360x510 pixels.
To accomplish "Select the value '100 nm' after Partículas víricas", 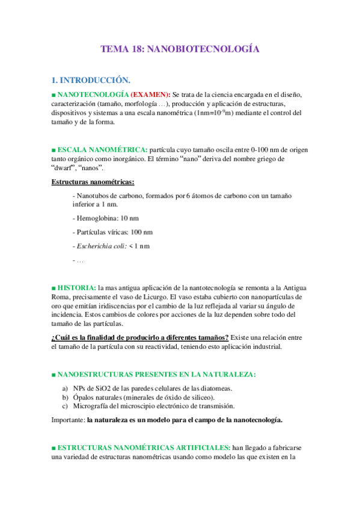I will tap(141, 232).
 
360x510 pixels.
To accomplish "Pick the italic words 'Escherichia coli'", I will tap(100, 246).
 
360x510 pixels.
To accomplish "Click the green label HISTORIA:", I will tap(76, 287).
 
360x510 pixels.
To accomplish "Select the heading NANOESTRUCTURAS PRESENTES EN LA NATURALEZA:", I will tap(156, 374).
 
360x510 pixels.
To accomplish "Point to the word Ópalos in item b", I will tap(84, 397).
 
